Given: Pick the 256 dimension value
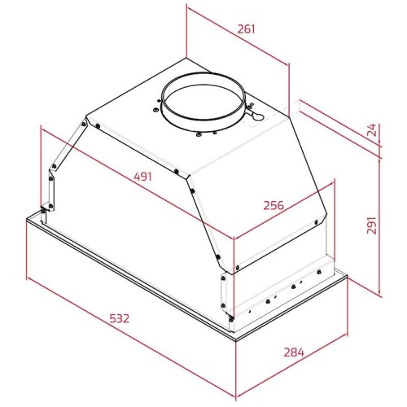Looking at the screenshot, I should point(274,205).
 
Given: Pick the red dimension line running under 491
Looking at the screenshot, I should point(138,183).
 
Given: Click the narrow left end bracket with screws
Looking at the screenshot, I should point(50,183).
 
